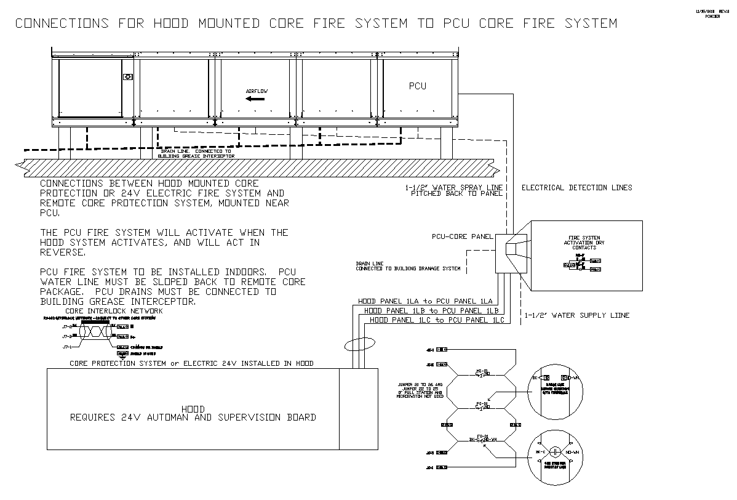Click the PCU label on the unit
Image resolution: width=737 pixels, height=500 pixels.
[x=417, y=86]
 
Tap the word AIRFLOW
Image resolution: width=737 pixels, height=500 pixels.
[x=257, y=91]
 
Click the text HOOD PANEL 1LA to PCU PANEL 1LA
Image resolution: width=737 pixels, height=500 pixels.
[x=425, y=301]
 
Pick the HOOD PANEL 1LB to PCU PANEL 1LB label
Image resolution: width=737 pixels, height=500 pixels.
[x=431, y=311]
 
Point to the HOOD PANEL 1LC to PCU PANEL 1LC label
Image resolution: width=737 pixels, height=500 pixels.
[x=437, y=320]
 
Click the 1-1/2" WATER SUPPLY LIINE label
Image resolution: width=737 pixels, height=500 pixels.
[x=577, y=315]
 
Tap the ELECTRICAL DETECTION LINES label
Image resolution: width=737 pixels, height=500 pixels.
[x=576, y=188]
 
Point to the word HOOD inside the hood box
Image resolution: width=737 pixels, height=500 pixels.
[x=193, y=409]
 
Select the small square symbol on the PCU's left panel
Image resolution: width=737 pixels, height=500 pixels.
[x=128, y=77]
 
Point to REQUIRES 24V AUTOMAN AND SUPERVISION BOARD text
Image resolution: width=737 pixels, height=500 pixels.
[x=193, y=417]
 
